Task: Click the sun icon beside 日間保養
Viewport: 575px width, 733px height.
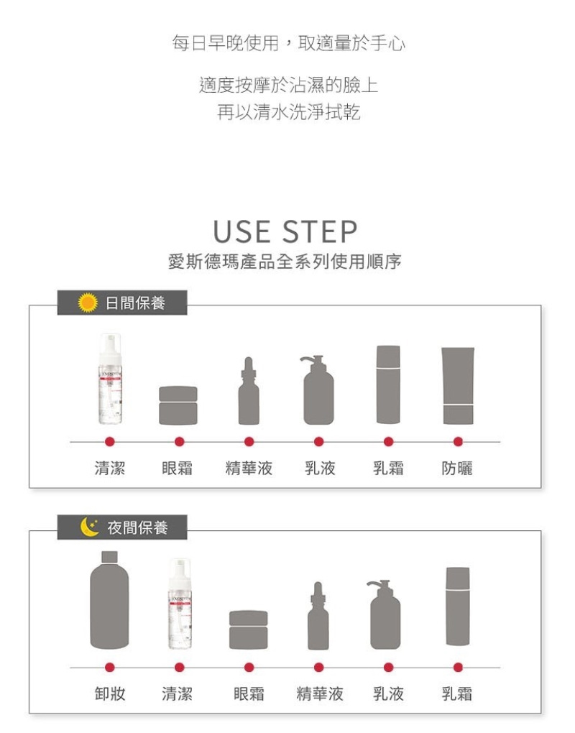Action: point(88,303)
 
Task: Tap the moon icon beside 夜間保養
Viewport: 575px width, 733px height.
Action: point(89,527)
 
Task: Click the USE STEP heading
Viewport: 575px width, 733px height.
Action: point(285,231)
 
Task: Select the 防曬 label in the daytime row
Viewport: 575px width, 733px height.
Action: point(457,468)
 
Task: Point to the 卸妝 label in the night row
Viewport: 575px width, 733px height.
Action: point(110,693)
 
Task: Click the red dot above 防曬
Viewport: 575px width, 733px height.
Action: point(458,441)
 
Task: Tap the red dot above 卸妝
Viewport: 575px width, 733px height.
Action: point(110,667)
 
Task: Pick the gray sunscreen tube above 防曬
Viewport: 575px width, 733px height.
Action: point(458,386)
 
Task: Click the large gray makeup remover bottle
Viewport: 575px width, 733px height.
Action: point(109,600)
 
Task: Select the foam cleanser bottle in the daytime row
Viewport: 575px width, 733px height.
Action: point(110,379)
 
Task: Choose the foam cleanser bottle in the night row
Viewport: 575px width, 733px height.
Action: point(180,604)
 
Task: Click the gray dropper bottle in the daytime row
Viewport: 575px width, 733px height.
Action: point(249,391)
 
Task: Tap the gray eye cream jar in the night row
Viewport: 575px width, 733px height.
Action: point(249,630)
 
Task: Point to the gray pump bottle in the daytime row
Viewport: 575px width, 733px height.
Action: point(318,390)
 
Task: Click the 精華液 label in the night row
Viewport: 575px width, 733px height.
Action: point(320,693)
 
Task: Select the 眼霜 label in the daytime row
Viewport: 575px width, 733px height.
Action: point(178,468)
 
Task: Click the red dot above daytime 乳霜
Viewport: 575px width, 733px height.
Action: point(388,441)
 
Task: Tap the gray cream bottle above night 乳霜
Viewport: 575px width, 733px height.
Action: point(458,607)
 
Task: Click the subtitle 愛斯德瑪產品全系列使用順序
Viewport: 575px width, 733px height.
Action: point(285,262)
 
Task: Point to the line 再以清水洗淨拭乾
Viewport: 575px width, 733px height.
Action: point(288,112)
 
